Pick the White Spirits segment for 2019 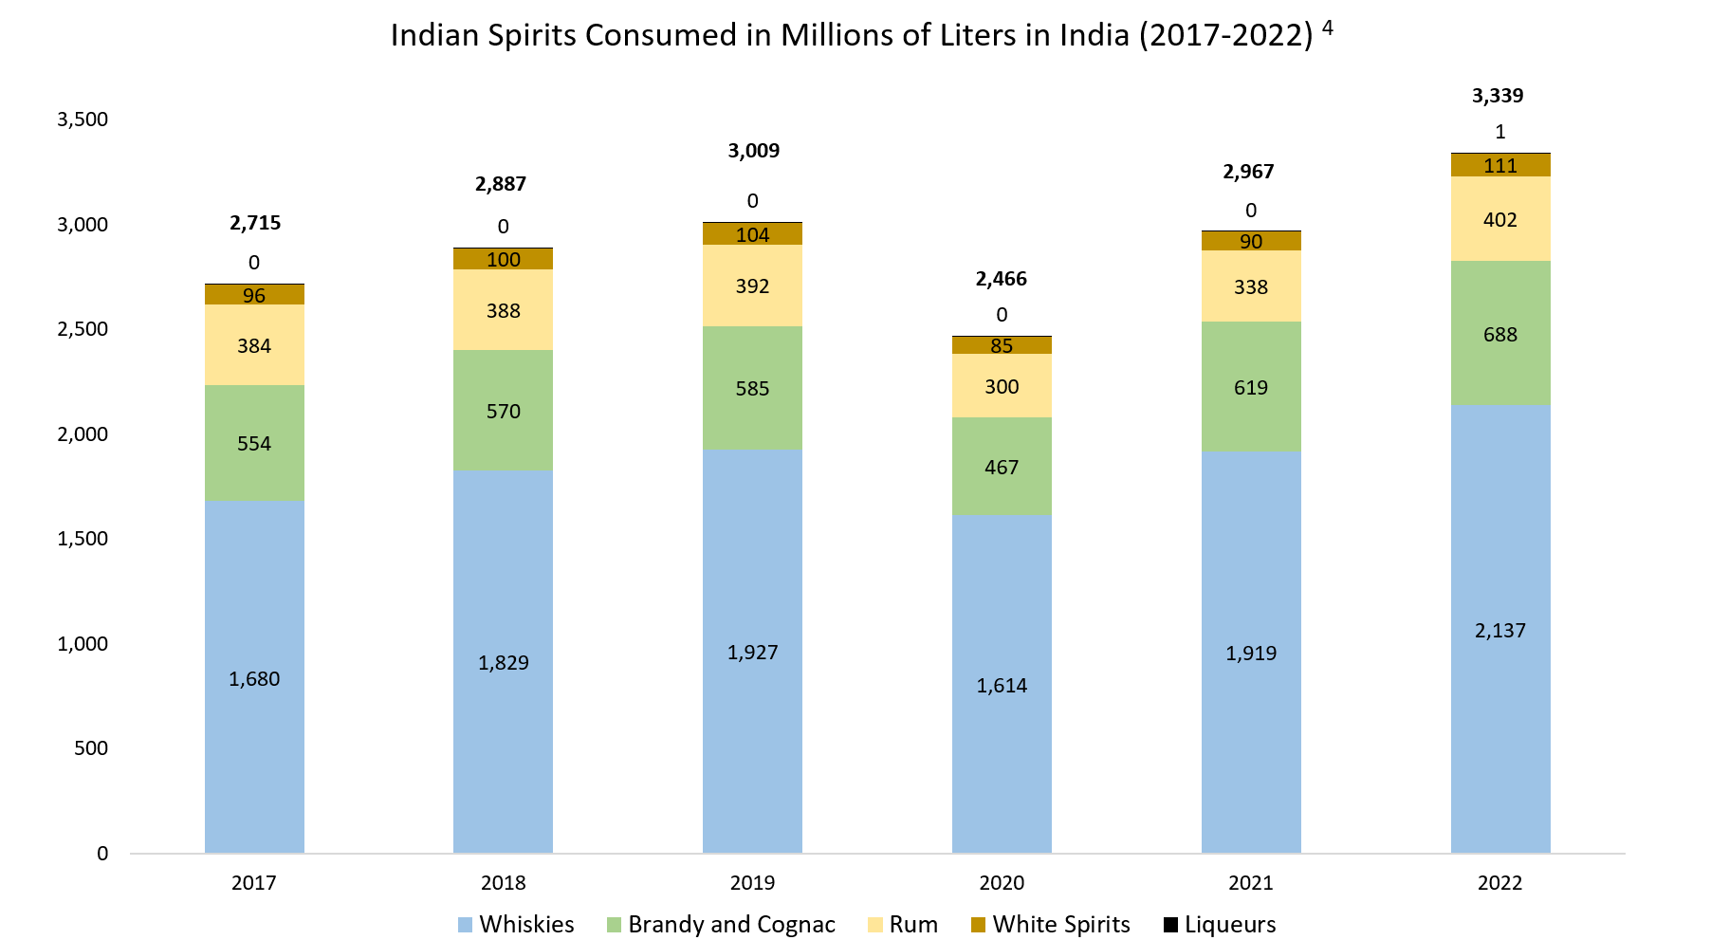(x=752, y=234)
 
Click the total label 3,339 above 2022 (x=1498, y=96)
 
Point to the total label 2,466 (x=1001, y=279)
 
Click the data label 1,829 (x=503, y=663)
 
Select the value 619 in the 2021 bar (x=1250, y=388)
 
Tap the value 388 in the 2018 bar (x=503, y=311)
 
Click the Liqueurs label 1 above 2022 (x=1499, y=132)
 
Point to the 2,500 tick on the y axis (x=83, y=329)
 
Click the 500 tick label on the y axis (x=92, y=748)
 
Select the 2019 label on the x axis (x=752, y=883)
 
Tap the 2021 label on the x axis (x=1250, y=883)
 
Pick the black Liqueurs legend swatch (x=1170, y=925)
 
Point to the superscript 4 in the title (x=1328, y=28)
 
